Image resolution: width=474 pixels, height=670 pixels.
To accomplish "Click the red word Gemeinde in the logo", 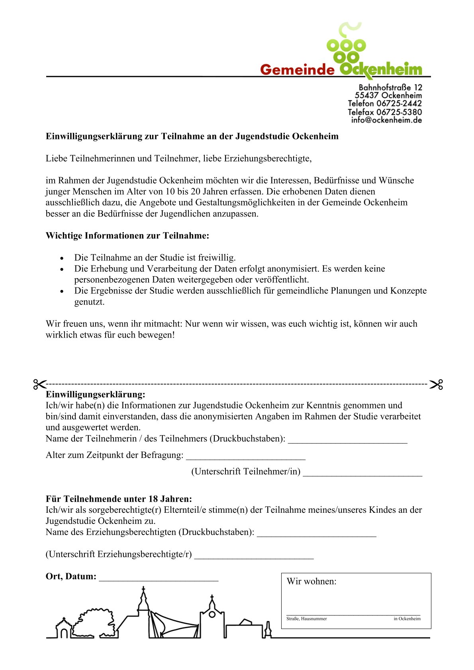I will click(297, 70).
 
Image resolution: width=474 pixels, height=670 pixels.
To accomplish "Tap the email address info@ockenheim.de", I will click(386, 120).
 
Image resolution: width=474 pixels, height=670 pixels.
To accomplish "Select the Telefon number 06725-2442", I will click(399, 104).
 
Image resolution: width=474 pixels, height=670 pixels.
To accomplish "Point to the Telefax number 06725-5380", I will click(399, 112).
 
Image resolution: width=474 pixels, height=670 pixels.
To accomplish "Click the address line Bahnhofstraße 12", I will click(390, 87).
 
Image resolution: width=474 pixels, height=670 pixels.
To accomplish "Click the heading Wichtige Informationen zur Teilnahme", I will click(127, 236).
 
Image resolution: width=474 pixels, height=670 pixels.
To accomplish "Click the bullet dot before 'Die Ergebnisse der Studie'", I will click(62, 291).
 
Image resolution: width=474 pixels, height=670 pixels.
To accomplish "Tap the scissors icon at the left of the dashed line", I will click(39, 384).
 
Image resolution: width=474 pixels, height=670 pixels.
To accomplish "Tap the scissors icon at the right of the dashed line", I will click(436, 385).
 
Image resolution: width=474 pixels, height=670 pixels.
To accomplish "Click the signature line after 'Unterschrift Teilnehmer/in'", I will click(362, 474).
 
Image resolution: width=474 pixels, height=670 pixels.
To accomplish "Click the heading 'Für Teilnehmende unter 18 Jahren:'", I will click(119, 499).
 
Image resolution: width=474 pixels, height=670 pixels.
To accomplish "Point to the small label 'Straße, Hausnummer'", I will click(306, 619).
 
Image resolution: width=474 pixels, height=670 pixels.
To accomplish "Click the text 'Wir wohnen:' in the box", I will click(311, 581).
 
